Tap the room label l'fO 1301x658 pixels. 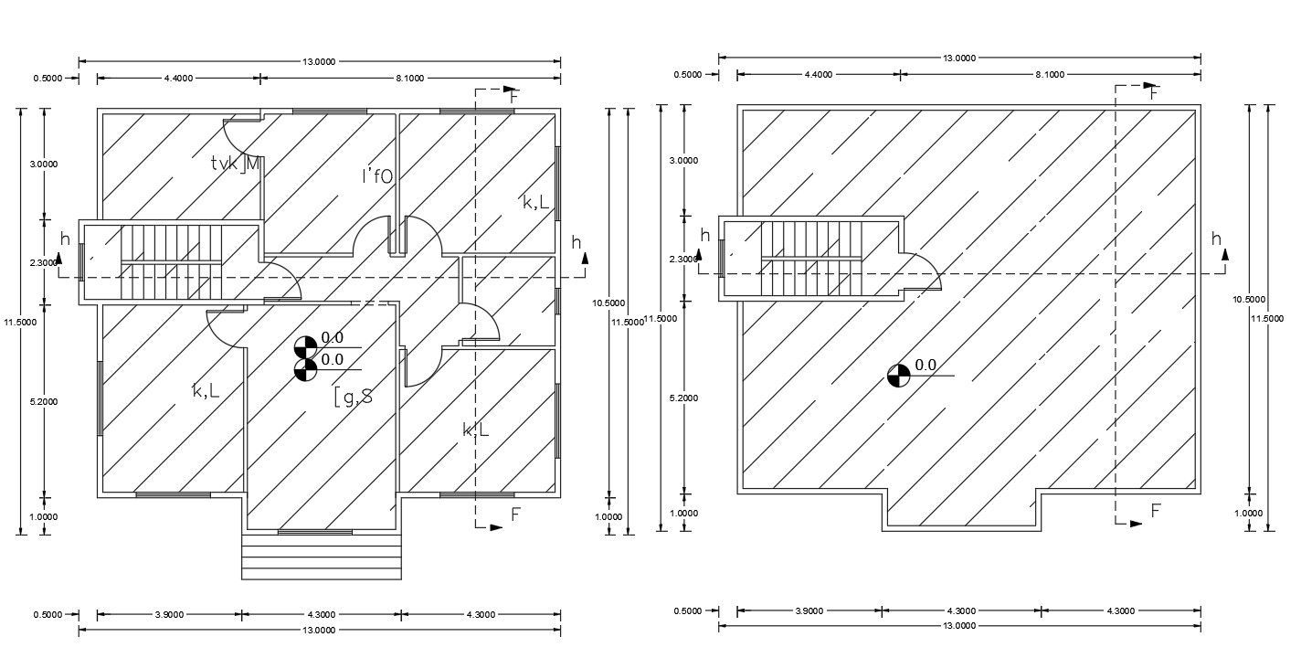(377, 176)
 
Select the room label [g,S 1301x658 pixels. (353, 397)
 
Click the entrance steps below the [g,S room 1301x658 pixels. (322, 556)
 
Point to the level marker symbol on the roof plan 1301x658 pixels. (898, 375)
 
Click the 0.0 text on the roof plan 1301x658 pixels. (926, 366)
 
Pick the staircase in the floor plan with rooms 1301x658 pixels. (172, 261)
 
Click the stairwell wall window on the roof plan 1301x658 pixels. (723, 258)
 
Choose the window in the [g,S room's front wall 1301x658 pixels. (315, 531)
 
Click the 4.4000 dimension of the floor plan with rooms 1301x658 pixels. (178, 79)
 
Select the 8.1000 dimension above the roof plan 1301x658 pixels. (1050, 74)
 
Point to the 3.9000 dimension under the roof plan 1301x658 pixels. (809, 611)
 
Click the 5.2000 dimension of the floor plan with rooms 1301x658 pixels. (44, 402)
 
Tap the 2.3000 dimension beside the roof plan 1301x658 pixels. (683, 260)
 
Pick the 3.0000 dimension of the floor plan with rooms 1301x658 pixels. (44, 164)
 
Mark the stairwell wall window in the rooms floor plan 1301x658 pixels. (82, 261)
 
